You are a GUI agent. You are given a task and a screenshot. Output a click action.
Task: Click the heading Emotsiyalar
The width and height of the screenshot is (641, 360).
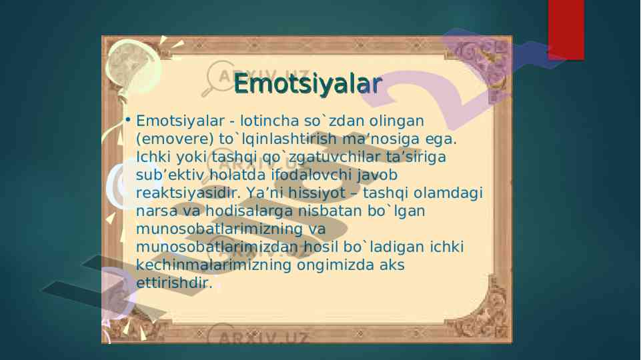[308, 84]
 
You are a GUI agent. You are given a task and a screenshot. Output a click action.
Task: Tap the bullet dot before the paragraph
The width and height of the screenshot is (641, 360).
[128, 120]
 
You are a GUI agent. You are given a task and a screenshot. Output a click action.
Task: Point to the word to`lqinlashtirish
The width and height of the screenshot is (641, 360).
[278, 139]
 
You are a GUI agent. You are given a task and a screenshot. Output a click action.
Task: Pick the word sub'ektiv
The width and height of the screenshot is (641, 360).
[170, 175]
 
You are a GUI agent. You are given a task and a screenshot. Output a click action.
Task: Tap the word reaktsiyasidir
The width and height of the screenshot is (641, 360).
[189, 193]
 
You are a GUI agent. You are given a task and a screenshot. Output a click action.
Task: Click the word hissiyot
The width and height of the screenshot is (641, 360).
[317, 193]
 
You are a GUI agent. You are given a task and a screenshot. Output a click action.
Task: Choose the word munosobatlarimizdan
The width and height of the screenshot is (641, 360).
[217, 247]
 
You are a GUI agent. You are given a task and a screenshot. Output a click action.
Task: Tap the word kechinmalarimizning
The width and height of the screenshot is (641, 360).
[213, 265]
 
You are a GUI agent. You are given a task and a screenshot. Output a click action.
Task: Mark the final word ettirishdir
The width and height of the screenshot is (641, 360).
[174, 283]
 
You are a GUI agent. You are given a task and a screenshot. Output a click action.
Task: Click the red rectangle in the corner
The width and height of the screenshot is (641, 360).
[566, 30]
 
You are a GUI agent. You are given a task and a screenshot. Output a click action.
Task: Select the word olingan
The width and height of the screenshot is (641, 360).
[396, 121]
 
